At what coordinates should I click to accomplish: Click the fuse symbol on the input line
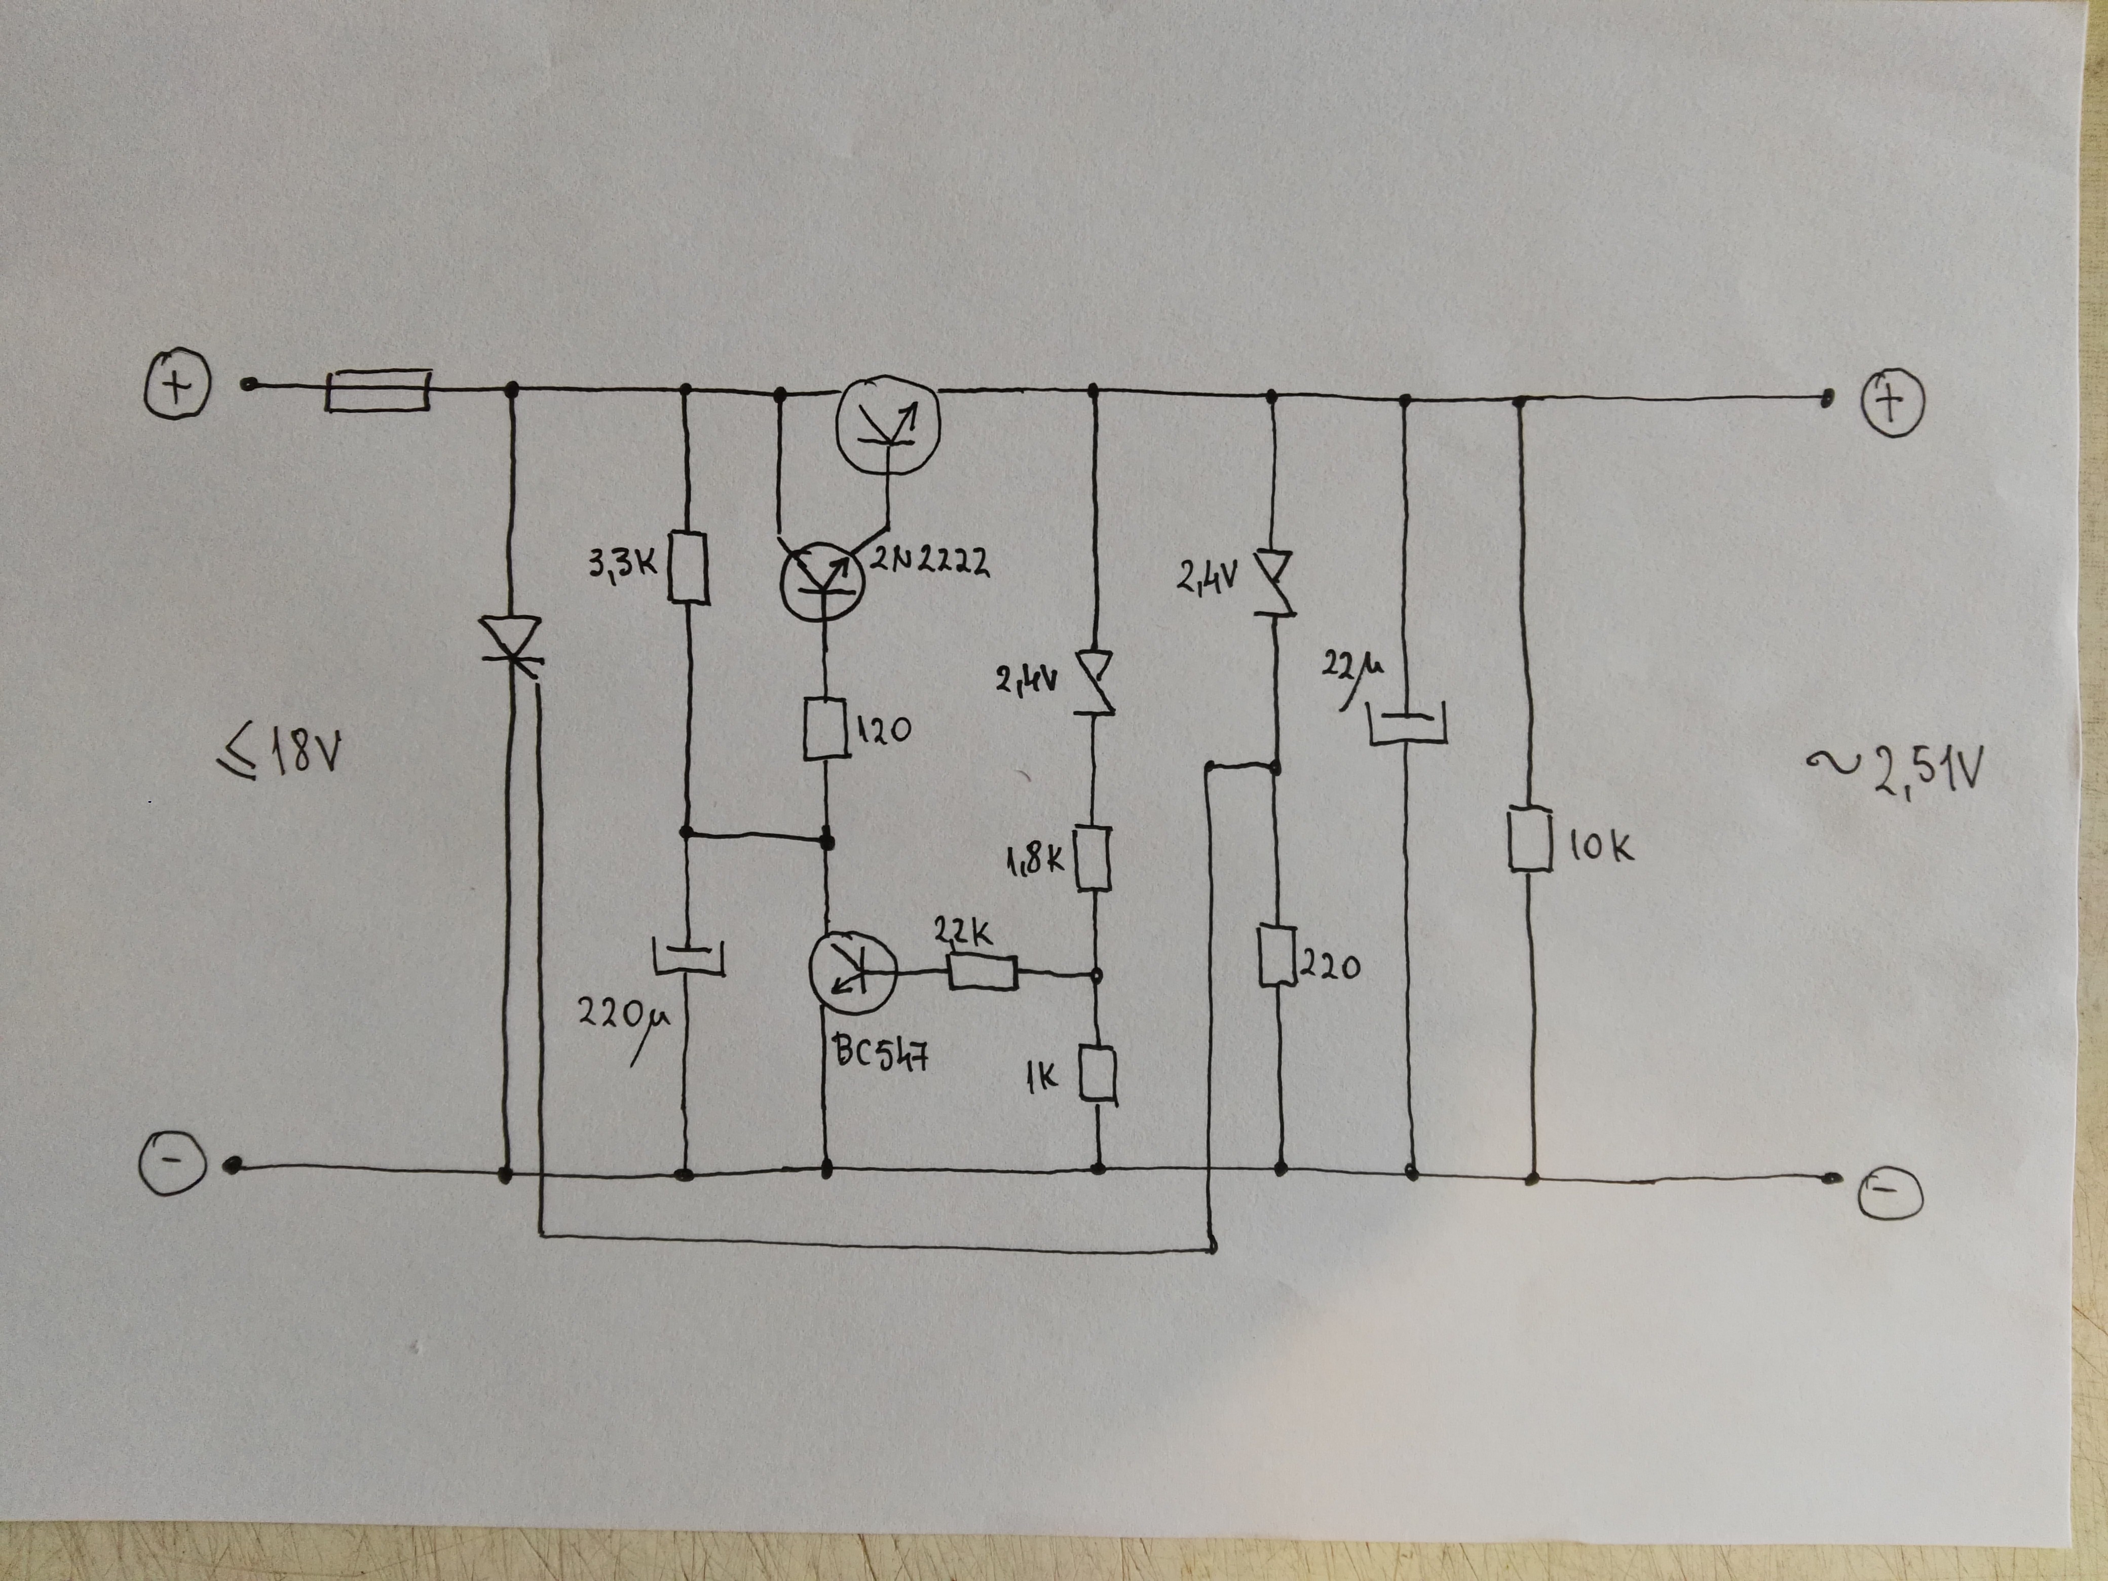(378, 391)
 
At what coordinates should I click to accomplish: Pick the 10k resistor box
(1530, 840)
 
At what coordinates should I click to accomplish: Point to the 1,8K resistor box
(1093, 858)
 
